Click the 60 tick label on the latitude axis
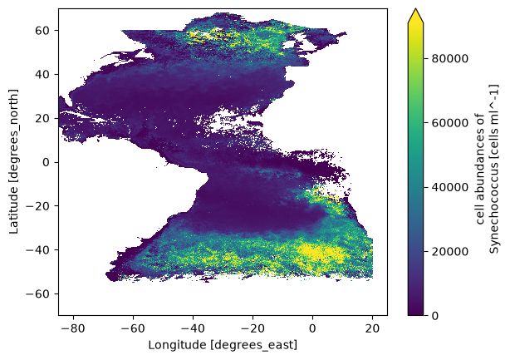point(42,31)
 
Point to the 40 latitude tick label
point(42,75)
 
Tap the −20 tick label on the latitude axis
point(37,206)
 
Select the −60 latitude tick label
point(37,294)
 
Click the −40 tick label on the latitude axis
point(37,250)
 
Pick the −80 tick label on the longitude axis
point(73,328)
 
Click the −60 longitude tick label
point(134,328)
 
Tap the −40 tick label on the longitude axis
point(194,328)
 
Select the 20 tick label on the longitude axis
point(372,328)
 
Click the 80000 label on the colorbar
point(450,59)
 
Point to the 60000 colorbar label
point(450,123)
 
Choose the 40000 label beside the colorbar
point(450,188)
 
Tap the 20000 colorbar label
point(450,252)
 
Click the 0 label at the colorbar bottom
point(435,316)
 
